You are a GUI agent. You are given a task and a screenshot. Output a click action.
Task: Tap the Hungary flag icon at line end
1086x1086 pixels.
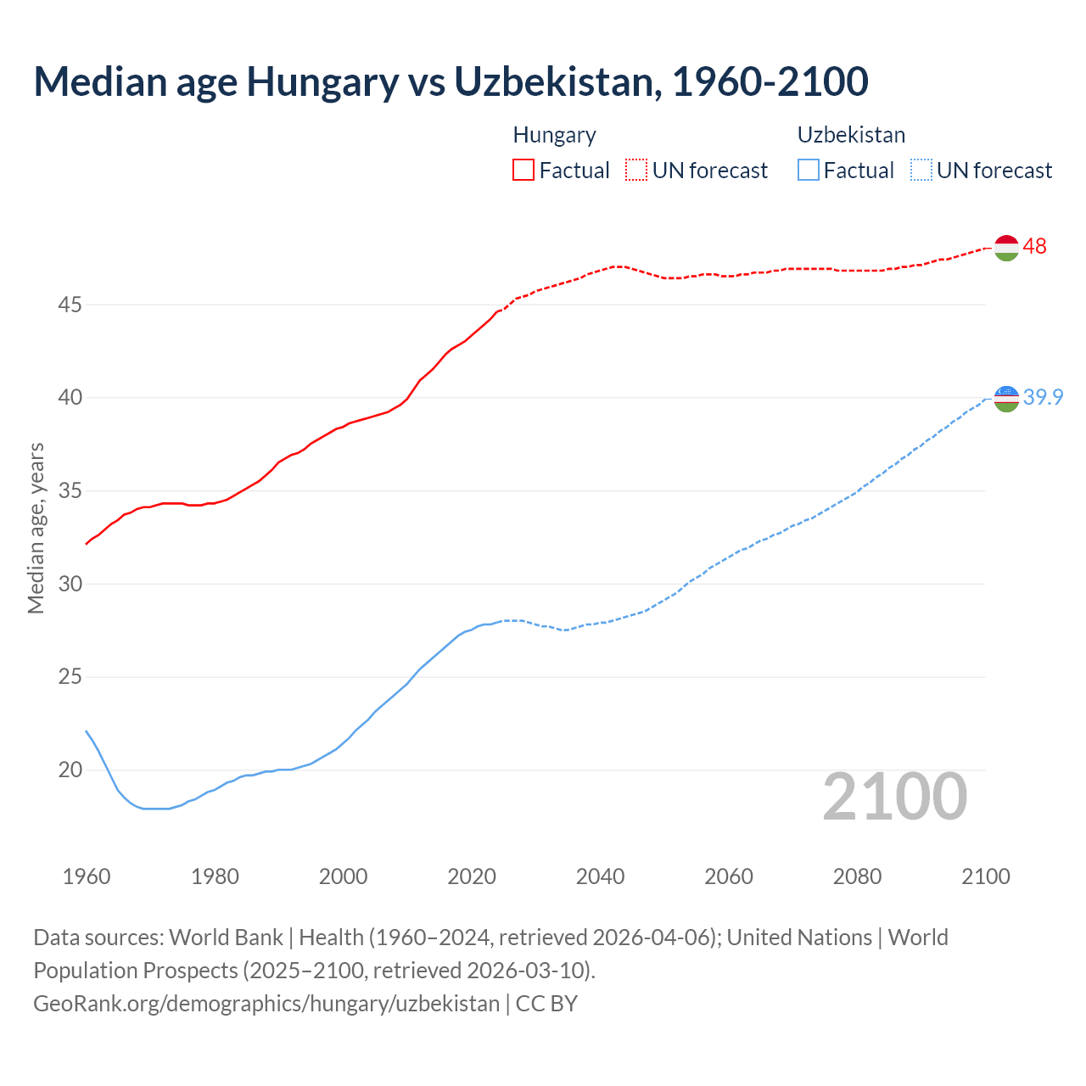pos(1005,247)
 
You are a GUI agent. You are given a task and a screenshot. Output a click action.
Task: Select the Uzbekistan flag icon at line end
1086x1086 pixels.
pos(1005,398)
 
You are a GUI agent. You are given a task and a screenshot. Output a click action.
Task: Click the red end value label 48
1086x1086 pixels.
pos(1034,246)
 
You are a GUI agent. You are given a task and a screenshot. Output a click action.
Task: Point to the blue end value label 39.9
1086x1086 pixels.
pos(1043,397)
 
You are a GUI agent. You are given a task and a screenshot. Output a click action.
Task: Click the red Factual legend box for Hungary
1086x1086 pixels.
pos(523,170)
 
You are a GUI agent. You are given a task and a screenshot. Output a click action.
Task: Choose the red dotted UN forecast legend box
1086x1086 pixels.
pos(636,170)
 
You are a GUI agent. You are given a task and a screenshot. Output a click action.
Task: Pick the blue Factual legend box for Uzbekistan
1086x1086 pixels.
pos(808,170)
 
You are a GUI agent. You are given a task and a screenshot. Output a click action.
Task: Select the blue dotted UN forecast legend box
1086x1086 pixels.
pos(921,170)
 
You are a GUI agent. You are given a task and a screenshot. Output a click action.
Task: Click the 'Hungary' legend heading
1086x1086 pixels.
pos(554,135)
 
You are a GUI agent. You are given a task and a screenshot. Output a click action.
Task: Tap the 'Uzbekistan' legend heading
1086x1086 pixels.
pos(851,135)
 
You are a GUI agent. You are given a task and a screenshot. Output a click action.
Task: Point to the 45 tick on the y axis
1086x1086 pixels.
pos(70,305)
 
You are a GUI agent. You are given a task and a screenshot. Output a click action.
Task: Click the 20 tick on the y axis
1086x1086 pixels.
pos(70,770)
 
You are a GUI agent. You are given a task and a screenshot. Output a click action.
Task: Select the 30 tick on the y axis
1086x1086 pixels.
pos(70,584)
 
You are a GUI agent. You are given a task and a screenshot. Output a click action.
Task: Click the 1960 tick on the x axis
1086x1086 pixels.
pos(87,876)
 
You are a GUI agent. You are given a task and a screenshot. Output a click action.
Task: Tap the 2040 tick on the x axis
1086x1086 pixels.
pos(600,876)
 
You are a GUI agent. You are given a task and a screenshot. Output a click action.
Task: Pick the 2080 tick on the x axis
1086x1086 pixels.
pos(857,876)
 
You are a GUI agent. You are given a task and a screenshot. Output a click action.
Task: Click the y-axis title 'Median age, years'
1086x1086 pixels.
pos(36,528)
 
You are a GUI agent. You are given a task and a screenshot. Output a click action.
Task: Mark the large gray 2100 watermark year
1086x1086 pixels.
pos(894,797)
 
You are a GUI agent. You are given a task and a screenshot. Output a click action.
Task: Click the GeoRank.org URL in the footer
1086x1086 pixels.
pos(266,1004)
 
